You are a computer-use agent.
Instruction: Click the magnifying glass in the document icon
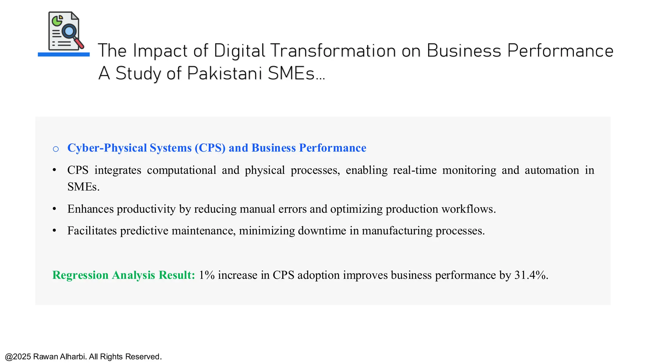coord(69,32)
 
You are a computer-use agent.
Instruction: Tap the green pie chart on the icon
coord(57,21)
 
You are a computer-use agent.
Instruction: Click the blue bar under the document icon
coord(64,55)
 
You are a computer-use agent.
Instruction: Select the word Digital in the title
coord(239,51)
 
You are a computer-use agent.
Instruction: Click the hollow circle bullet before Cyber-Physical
coord(56,149)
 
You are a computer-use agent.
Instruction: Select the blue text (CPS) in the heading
coord(210,148)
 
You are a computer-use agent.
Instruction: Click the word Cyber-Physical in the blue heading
coord(108,148)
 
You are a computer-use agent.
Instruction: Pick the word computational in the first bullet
coord(181,170)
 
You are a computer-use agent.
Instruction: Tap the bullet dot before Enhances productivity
coord(55,209)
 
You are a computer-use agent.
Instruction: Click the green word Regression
coord(80,275)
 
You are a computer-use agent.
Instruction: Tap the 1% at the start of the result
coord(207,275)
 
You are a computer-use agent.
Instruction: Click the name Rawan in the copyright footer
coord(45,357)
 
